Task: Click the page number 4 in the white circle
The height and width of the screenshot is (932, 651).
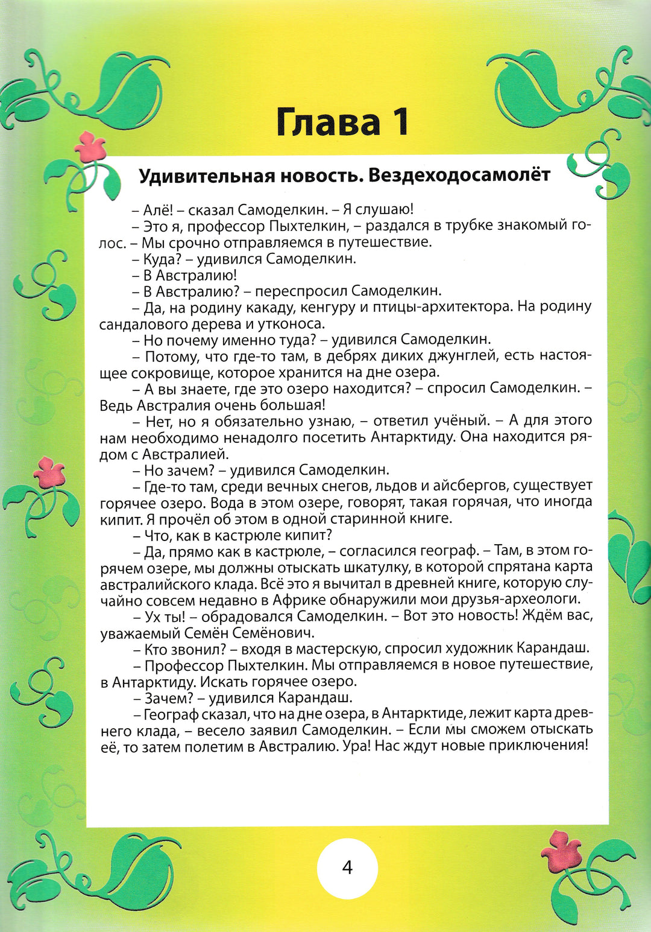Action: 347,868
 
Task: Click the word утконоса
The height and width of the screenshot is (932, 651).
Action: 291,324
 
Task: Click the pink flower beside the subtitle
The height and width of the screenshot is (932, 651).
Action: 90,147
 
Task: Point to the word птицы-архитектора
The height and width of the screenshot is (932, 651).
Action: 430,307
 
